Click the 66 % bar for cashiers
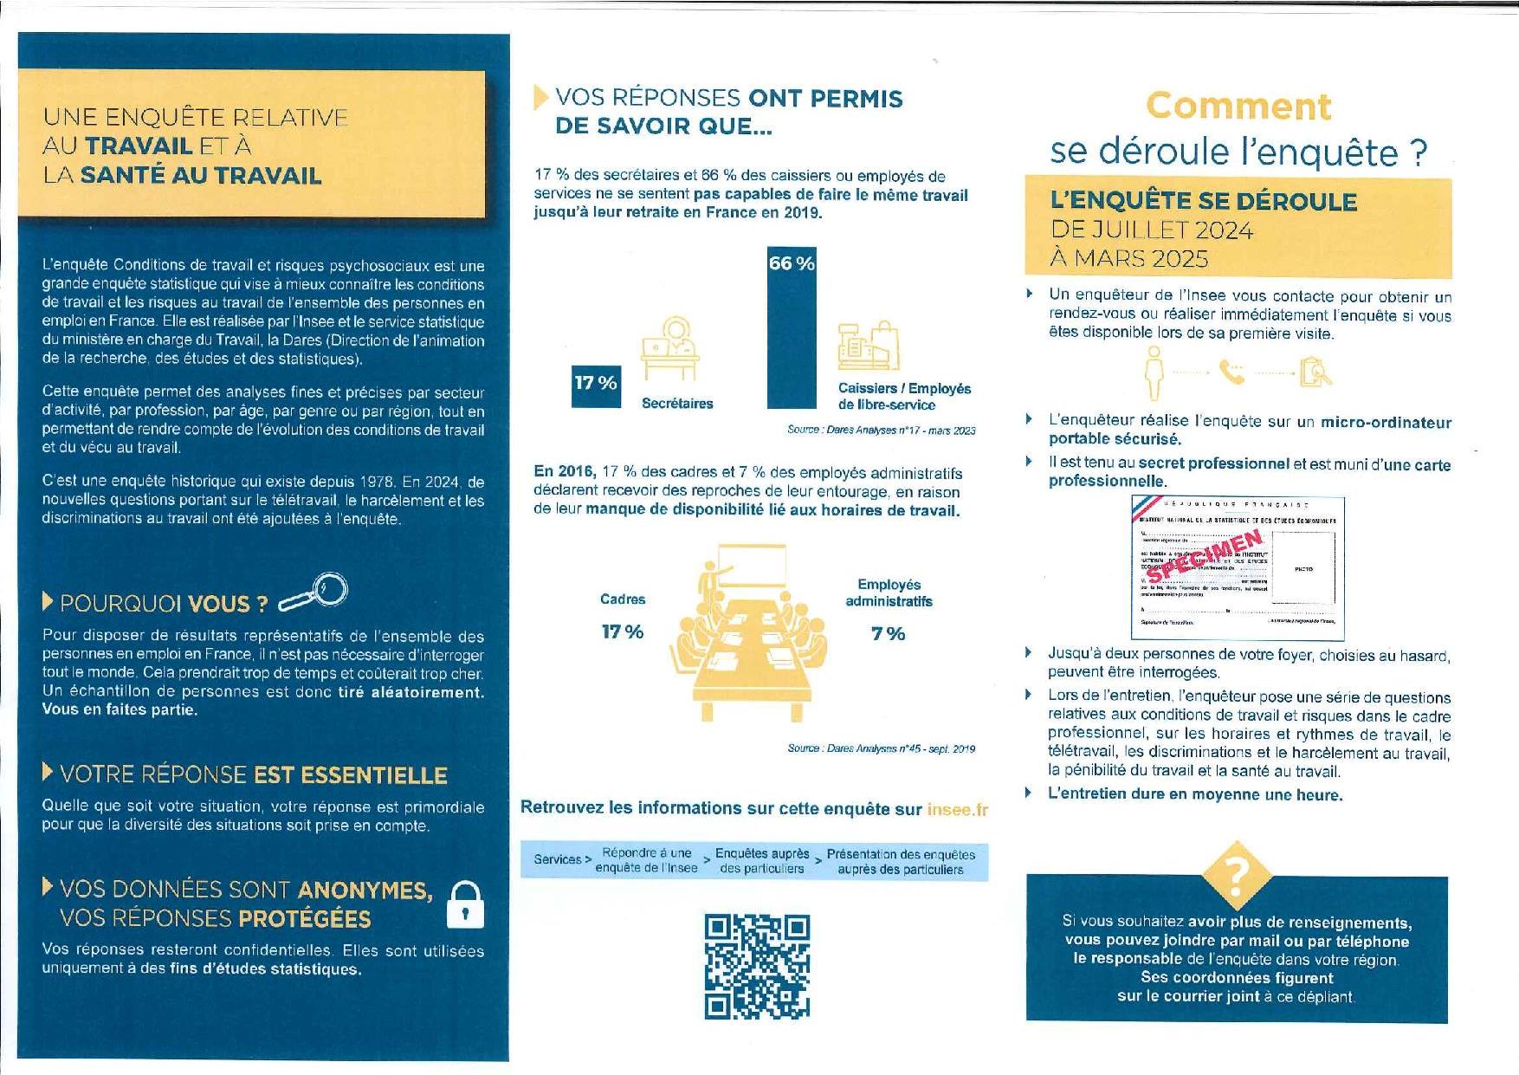tap(792, 329)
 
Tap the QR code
tap(757, 966)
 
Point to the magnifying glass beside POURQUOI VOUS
tap(315, 593)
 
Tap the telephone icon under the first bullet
tap(1231, 372)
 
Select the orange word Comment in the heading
tap(1238, 107)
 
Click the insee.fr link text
tap(957, 809)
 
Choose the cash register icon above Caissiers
tap(869, 346)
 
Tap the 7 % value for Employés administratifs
tap(888, 634)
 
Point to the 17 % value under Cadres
tap(622, 632)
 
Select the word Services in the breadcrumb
tap(558, 859)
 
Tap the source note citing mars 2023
tap(881, 431)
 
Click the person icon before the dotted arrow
tap(1154, 372)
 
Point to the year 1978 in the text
tap(378, 482)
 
